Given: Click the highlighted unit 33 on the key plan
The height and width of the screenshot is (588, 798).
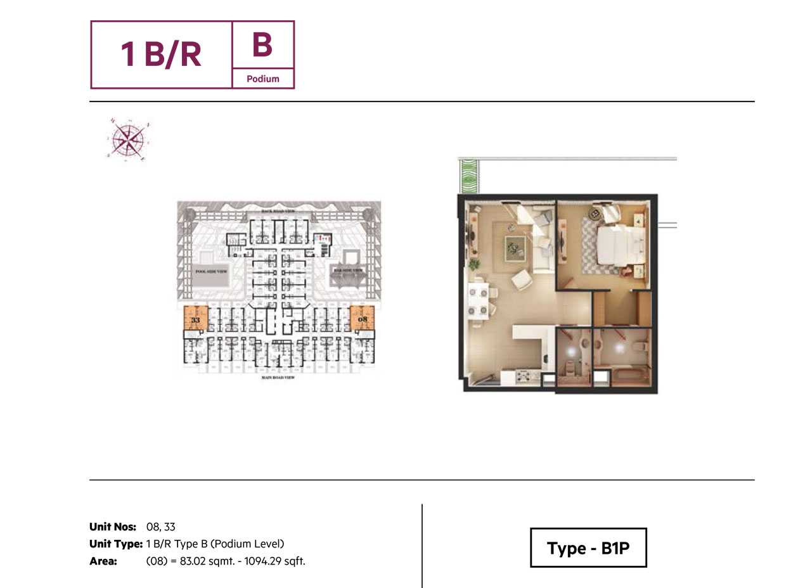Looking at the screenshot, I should (x=195, y=318).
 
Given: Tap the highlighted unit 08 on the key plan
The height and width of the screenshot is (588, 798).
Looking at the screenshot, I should (x=362, y=318).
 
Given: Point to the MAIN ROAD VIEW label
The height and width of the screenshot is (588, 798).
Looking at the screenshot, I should (x=279, y=378).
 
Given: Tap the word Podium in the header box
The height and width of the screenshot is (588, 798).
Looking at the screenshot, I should (x=263, y=79).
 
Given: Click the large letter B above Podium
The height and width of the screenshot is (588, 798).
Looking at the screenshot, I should (x=262, y=45).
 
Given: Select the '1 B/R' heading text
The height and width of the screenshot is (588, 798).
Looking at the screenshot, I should (x=161, y=54).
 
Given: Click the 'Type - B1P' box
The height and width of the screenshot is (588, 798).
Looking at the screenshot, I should (x=588, y=548).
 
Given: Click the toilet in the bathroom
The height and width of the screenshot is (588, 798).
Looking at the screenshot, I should (x=638, y=347).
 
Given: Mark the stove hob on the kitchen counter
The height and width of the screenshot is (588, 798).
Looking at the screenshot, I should (x=524, y=376).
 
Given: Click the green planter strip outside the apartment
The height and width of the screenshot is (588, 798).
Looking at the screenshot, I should (x=469, y=176).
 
